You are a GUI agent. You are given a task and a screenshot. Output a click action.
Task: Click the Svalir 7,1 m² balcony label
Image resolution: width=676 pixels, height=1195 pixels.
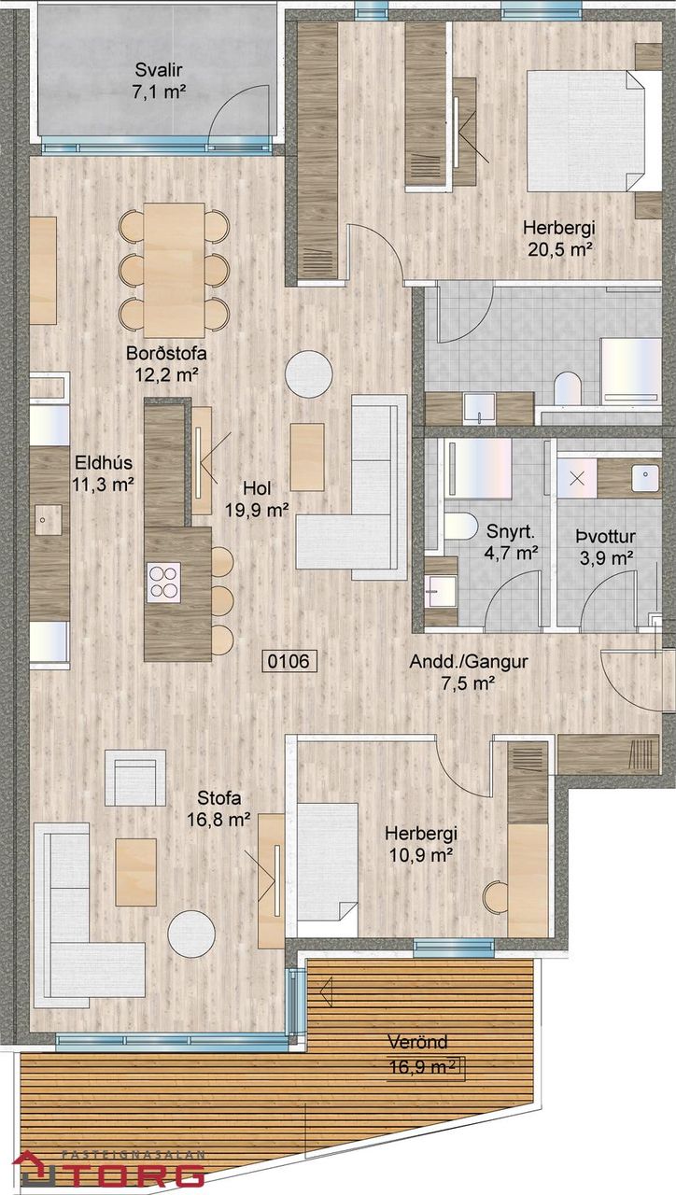pyautogui.click(x=159, y=80)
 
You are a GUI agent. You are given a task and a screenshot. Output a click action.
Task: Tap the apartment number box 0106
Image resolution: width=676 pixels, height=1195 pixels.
pyautogui.click(x=289, y=661)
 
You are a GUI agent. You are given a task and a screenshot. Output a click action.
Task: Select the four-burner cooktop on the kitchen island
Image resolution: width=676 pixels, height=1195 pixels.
pyautogui.click(x=163, y=582)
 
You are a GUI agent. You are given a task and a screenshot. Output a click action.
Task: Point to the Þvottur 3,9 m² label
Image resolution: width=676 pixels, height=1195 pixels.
pyautogui.click(x=606, y=547)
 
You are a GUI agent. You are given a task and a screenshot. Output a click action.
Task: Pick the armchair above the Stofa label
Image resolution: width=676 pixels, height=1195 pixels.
pyautogui.click(x=135, y=778)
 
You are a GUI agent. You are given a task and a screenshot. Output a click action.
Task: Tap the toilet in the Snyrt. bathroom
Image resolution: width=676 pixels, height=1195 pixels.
pyautogui.click(x=460, y=526)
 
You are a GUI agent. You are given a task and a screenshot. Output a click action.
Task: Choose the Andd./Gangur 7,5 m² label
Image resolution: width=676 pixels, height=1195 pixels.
pyautogui.click(x=469, y=672)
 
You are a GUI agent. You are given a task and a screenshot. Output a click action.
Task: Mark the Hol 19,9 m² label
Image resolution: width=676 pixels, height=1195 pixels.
pyautogui.click(x=257, y=499)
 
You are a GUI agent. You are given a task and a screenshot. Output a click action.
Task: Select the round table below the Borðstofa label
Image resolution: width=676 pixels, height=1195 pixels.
pyautogui.click(x=309, y=373)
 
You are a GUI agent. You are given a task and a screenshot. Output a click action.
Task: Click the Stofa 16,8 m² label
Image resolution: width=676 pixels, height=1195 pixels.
pyautogui.click(x=218, y=809)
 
